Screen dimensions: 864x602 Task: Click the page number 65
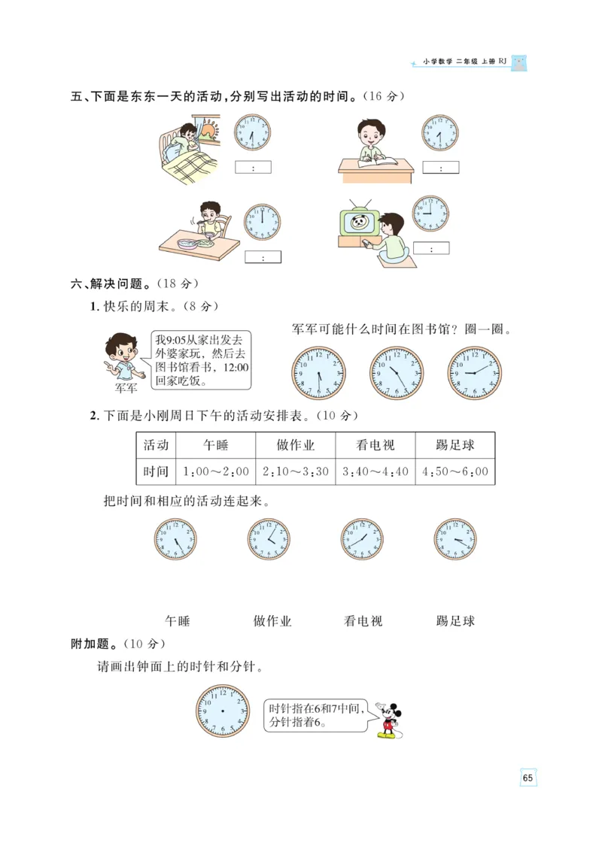528,778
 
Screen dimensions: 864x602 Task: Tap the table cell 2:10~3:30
296,471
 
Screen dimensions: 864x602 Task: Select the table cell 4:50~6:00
455,471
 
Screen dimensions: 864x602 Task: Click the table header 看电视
375,445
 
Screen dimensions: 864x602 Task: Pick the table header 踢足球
455,445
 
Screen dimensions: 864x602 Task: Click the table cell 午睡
216,445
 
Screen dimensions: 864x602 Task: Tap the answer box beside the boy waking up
253,168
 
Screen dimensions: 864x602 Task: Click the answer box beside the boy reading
440,168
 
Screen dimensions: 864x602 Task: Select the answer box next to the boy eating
263,257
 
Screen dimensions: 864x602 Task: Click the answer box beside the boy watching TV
431,248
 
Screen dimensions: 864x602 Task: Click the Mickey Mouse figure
388,720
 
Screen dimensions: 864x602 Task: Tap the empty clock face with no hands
223,711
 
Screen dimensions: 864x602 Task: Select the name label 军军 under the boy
126,389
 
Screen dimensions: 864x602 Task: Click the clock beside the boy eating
261,222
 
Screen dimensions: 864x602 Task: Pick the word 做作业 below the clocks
272,621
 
